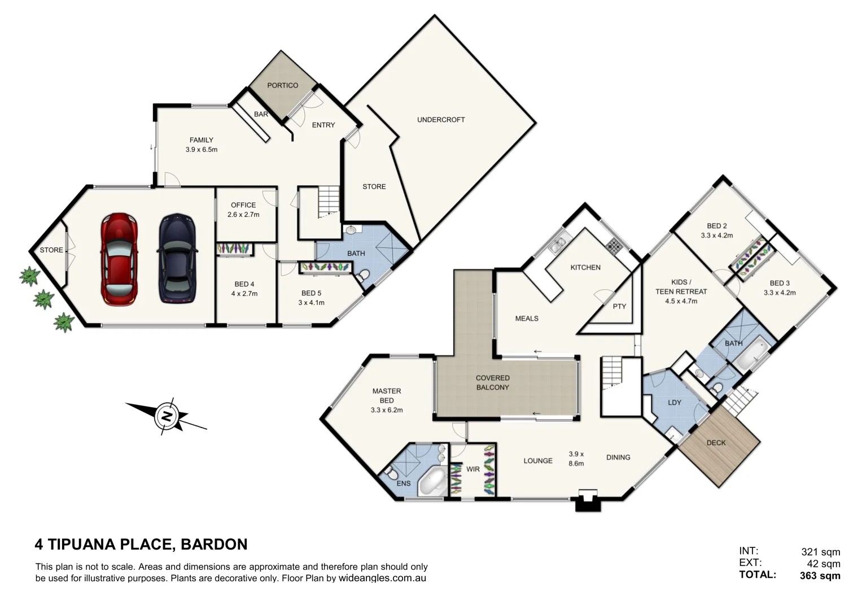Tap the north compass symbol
point(167,416)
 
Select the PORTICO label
point(282,85)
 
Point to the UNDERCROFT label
point(441,120)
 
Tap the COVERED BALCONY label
point(492,382)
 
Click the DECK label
point(716,443)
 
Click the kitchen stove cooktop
point(614,246)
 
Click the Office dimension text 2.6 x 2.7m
point(243,215)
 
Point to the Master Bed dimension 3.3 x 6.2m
point(387,410)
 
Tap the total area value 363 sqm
point(820,576)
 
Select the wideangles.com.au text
point(382,578)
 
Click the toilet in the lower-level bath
point(363,276)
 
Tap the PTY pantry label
point(619,306)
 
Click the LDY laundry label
point(674,403)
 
